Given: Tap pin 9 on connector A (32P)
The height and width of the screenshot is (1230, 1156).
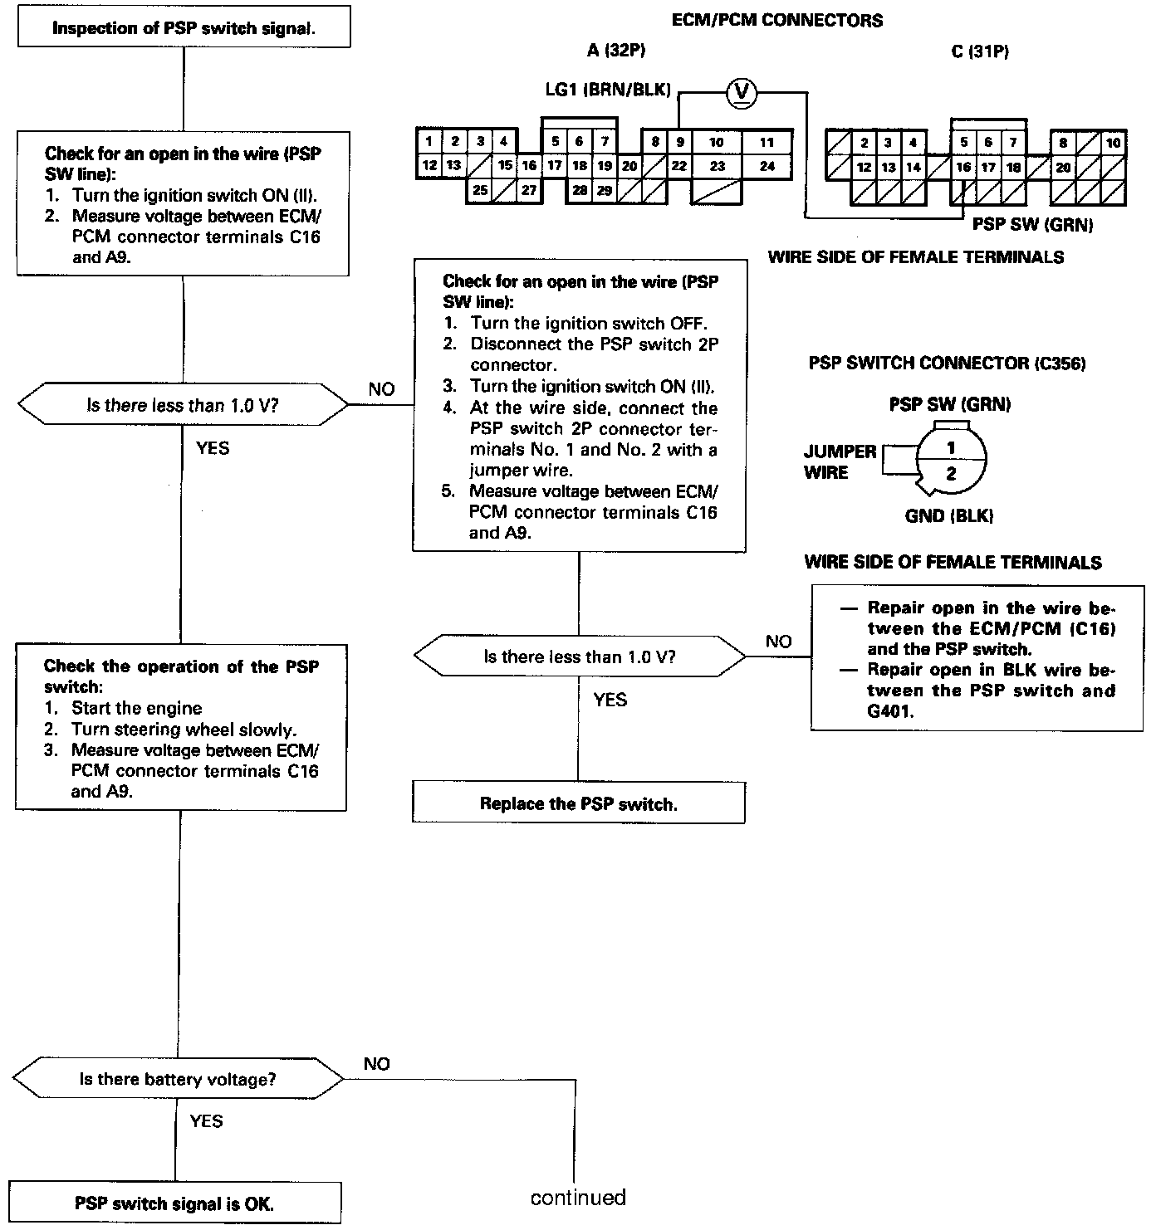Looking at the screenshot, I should (679, 142).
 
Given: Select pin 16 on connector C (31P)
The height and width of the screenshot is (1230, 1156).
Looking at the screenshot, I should (963, 167).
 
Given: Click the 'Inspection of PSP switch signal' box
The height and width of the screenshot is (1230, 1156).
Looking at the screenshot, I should (183, 28).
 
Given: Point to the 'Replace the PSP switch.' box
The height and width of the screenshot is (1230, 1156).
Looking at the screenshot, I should (579, 803).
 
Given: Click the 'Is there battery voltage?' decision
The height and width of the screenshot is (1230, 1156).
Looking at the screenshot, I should (178, 1080).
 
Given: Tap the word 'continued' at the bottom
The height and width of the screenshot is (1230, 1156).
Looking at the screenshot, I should (578, 1198).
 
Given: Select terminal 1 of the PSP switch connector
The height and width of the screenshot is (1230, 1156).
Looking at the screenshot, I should (952, 448).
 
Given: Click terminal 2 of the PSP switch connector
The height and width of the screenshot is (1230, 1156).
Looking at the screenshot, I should (952, 475).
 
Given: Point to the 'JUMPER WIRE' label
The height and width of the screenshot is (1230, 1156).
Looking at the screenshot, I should (840, 462).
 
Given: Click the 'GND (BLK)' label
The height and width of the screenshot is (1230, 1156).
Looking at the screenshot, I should (949, 516).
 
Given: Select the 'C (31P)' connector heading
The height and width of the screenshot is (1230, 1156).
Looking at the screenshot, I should (980, 51).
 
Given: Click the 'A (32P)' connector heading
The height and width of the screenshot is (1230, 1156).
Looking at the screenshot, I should (615, 51).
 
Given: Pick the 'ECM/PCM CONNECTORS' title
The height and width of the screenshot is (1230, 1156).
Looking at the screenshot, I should (776, 21).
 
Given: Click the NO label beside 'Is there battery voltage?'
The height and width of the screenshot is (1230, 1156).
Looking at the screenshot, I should (377, 1064).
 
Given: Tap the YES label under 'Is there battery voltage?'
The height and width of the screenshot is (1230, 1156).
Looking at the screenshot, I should (206, 1121).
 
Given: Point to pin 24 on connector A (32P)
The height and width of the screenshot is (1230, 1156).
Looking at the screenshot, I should (767, 166).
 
